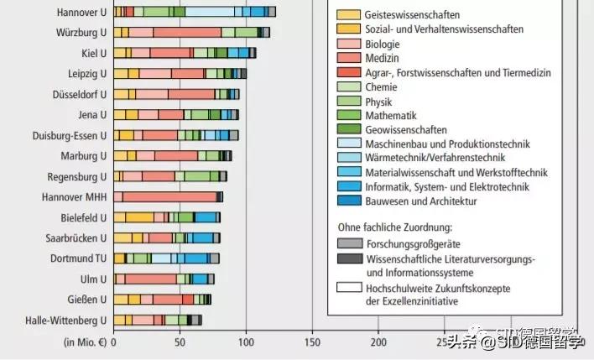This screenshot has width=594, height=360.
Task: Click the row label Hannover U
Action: [x=81, y=12]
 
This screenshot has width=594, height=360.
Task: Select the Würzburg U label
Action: [x=82, y=33]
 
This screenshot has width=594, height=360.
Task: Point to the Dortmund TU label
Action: [x=78, y=258]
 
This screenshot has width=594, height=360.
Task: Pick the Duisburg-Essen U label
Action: [x=70, y=135]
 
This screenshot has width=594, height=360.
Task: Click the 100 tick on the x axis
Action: [x=246, y=342]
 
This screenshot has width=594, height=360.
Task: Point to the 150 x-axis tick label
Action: [x=312, y=342]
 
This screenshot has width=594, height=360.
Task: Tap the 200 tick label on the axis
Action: [x=378, y=342]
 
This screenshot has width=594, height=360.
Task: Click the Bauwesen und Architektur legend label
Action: [x=420, y=201]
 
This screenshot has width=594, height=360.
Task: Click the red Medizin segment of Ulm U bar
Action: [x=151, y=279]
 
